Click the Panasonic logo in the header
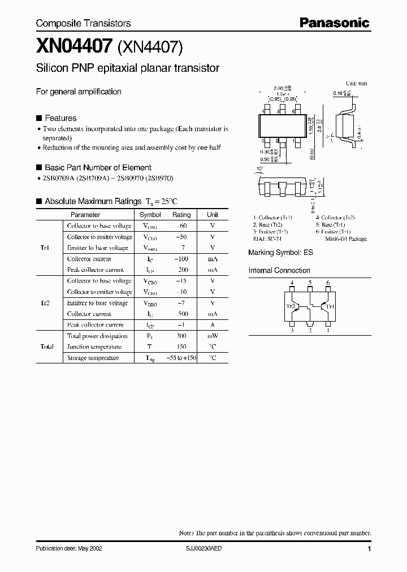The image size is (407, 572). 334,23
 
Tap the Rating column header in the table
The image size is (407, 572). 181,215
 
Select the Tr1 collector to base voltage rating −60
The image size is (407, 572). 181,226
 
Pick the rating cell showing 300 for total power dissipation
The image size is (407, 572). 181,336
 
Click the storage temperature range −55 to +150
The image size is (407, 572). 181,358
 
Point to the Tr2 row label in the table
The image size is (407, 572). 45,303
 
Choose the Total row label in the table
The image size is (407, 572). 46,347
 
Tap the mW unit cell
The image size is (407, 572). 213,336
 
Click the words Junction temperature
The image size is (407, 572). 94,347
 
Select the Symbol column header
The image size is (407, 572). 150,215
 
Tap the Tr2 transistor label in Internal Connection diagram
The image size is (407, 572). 291,307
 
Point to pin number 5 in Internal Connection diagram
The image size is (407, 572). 310,283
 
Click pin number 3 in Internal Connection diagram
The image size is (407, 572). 292,331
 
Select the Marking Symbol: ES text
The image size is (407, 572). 280,253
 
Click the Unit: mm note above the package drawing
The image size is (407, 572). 356,84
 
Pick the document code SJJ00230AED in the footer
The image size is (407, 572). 207,549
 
